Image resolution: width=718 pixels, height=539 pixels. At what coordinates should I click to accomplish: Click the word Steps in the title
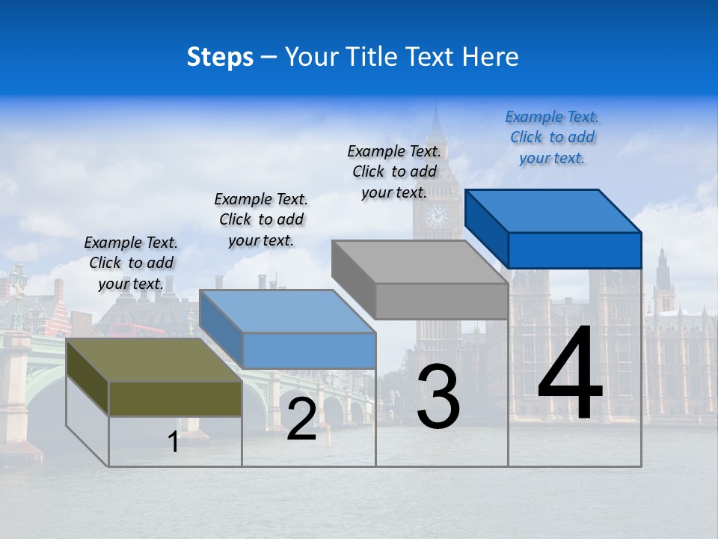click(x=220, y=57)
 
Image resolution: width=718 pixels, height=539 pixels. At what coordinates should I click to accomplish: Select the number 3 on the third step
click(x=438, y=396)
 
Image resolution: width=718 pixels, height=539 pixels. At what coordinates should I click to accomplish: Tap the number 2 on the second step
click(x=301, y=419)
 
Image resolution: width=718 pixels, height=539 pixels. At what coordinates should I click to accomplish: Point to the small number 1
click(x=173, y=442)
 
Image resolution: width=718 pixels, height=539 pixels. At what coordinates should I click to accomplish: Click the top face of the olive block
click(x=153, y=360)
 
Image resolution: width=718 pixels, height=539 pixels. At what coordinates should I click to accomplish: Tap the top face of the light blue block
click(x=287, y=311)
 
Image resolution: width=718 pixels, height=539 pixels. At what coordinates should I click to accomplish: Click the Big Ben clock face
click(x=437, y=216)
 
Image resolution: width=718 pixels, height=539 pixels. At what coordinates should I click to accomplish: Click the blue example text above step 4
click(x=552, y=137)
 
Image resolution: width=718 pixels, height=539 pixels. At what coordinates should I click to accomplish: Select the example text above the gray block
click(x=394, y=171)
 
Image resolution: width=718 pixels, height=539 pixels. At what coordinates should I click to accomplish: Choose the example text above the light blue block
click(x=261, y=219)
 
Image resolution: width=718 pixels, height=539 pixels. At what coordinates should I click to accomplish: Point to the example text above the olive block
click(x=131, y=263)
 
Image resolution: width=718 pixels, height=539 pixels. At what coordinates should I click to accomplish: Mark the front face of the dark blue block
click(x=574, y=250)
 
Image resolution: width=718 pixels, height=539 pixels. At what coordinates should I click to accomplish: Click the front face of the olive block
click(x=175, y=399)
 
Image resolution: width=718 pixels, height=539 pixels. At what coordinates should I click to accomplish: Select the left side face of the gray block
click(x=353, y=279)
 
